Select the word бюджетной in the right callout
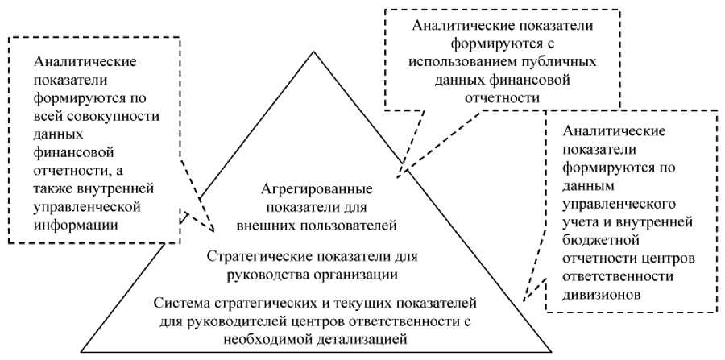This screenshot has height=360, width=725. (595, 240)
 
